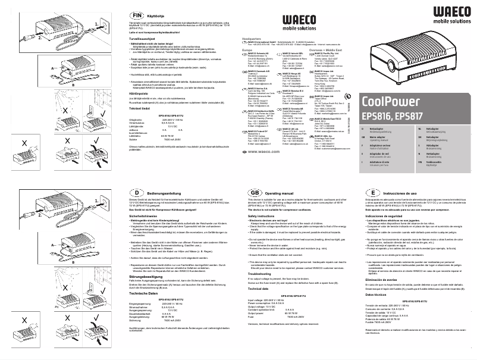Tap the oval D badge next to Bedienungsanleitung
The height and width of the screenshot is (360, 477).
[x=136, y=193]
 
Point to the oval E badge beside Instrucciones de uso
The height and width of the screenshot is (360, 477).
[x=372, y=193]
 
